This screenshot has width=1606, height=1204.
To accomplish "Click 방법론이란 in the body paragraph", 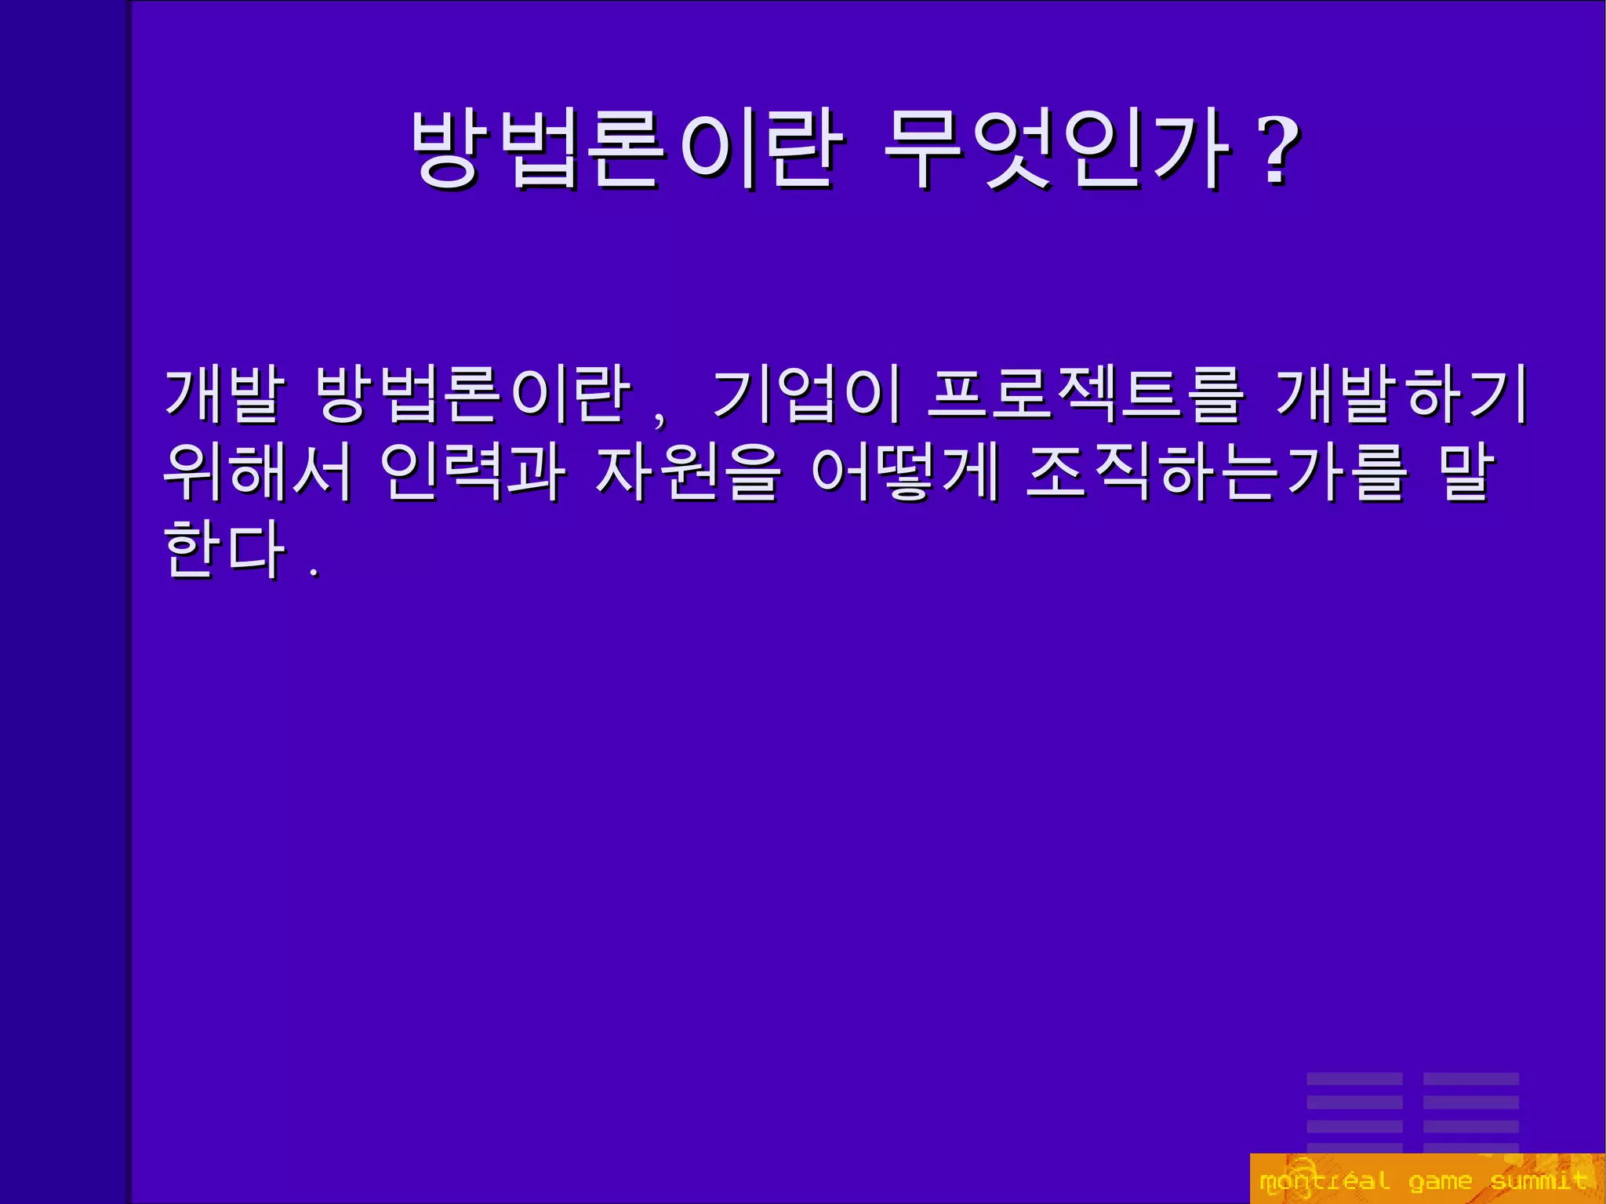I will click(472, 394).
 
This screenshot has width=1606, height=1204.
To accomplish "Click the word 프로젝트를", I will click(1086, 394).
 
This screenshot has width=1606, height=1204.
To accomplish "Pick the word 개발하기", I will click(1401, 394).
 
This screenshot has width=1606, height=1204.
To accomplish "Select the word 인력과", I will click(472, 472).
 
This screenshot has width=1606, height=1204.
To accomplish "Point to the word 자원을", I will click(688, 472).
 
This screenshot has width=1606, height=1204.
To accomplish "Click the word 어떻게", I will click(905, 472).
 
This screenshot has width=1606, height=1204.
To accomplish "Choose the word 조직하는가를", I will click(1216, 472).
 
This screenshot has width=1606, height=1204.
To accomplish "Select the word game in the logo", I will click(1440, 1180).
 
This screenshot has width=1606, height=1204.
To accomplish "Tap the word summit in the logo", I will click(1538, 1180).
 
